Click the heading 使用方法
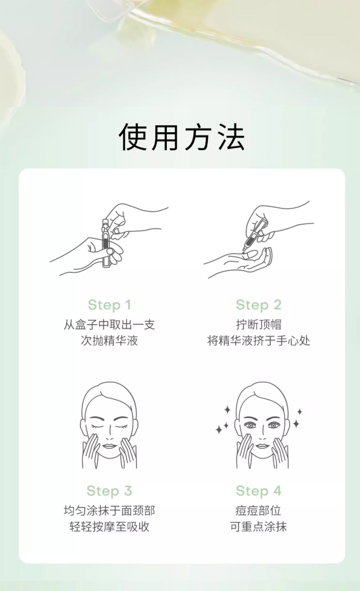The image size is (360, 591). point(182,137)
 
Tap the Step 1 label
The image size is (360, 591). point(109,305)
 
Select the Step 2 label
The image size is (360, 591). point(259,305)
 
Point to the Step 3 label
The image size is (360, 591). point(109,491)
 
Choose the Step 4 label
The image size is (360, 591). point(259,491)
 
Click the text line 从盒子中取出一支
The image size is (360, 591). point(109,324)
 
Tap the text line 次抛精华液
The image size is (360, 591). point(109,341)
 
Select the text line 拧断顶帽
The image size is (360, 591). point(259,324)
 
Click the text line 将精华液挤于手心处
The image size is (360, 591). point(259,341)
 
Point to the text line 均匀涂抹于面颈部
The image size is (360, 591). point(109,510)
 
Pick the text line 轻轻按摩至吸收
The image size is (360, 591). point(109,527)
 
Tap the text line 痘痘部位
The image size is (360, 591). point(259,510)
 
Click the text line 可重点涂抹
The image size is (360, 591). point(259,527)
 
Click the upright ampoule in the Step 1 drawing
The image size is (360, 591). point(106,243)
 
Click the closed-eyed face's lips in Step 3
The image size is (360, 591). point(109,446)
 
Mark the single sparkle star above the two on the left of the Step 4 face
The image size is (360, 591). point(227,410)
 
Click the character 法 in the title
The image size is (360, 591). point(231,137)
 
